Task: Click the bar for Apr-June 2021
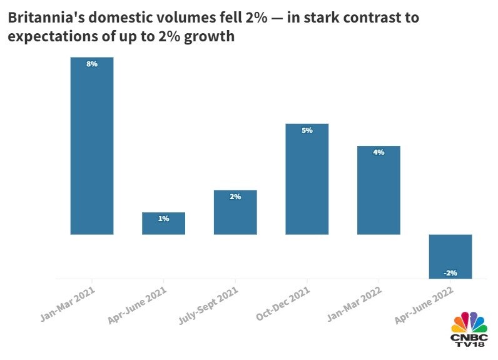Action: (x=163, y=224)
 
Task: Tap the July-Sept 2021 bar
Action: (x=235, y=212)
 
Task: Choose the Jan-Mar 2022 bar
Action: (x=379, y=190)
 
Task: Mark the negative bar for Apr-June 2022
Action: (x=450, y=257)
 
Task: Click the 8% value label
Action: (x=92, y=64)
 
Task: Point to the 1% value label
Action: (x=163, y=219)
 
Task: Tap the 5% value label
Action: (x=307, y=130)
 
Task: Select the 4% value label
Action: (x=379, y=152)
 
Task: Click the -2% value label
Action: (x=450, y=272)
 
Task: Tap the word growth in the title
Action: (x=211, y=37)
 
